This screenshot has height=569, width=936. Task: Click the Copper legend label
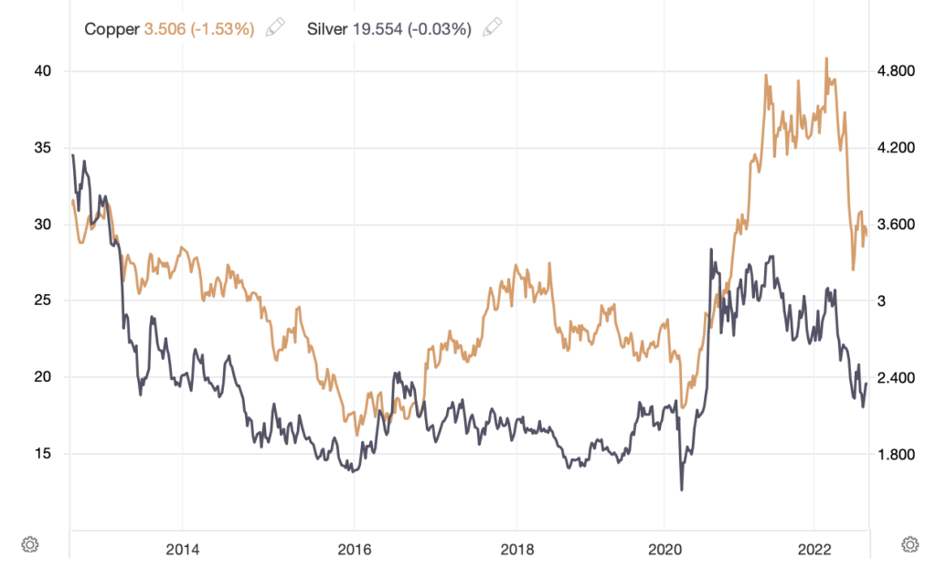click(x=112, y=28)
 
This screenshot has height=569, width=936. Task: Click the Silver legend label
click(x=327, y=28)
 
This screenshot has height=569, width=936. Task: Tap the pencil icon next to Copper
click(x=274, y=28)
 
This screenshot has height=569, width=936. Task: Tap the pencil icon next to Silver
click(x=492, y=28)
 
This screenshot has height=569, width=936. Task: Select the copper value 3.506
click(x=166, y=28)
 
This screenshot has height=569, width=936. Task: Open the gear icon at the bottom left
click(x=29, y=544)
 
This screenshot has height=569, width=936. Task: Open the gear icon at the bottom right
click(x=909, y=544)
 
